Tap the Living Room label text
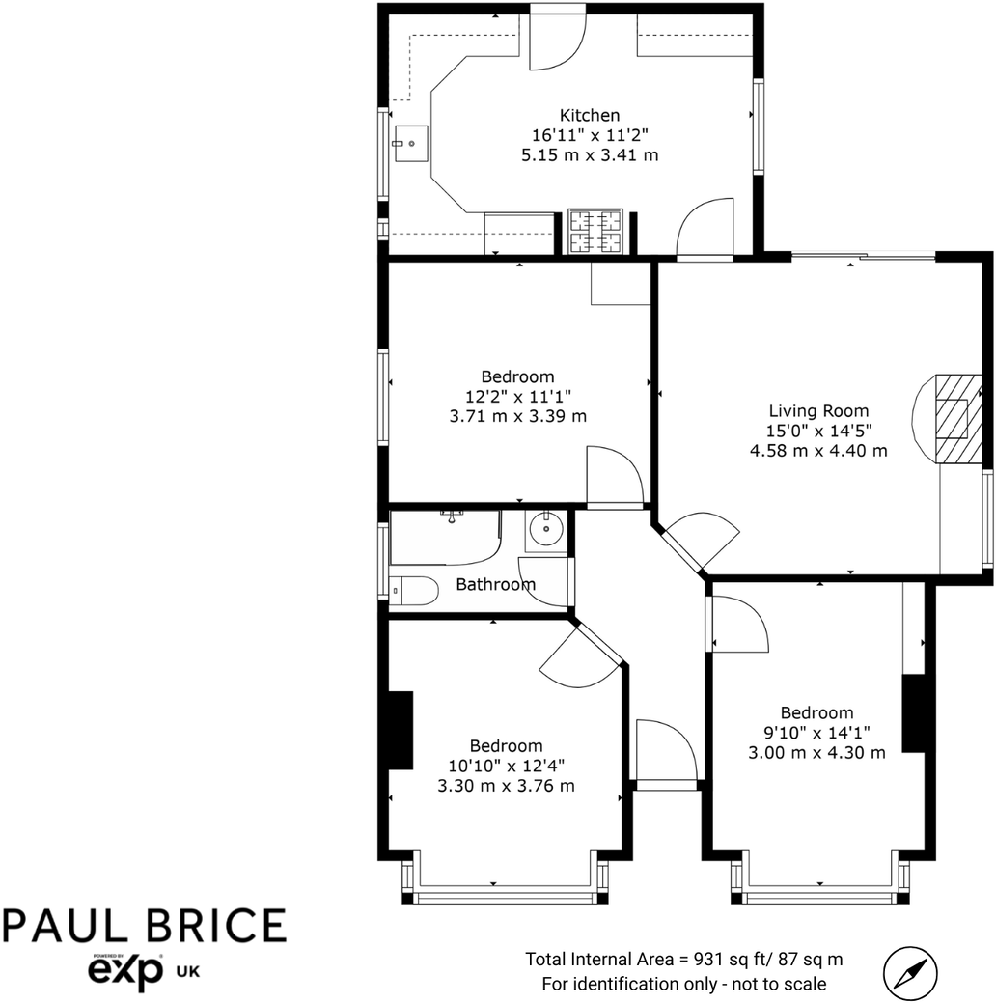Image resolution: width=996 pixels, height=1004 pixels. pos(818,411)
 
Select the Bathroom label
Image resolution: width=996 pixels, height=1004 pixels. pos(495,584)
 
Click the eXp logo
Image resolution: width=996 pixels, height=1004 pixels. pos(125,972)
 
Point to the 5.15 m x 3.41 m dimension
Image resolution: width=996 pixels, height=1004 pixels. pos(590,154)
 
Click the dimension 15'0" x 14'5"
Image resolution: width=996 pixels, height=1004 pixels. pos(818,431)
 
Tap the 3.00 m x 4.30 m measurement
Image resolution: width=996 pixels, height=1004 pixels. pos(816,752)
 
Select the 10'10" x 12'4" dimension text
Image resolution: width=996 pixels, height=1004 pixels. pos(506,766)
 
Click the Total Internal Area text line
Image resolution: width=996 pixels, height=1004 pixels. pos(683,960)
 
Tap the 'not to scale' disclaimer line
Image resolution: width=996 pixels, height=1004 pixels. pos(683,984)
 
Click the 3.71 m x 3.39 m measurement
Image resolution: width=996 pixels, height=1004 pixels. pos(518,416)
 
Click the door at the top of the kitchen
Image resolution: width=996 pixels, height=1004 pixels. pos(558,39)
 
